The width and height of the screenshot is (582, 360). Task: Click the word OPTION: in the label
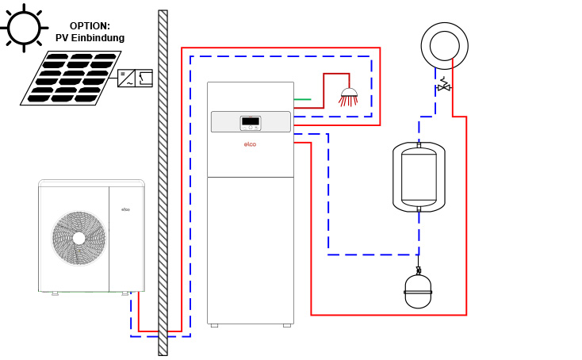tap(90, 26)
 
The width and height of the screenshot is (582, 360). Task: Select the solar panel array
tap(72, 78)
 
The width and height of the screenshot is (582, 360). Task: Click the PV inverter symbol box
tap(135, 79)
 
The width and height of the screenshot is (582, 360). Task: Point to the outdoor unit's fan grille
tap(78, 238)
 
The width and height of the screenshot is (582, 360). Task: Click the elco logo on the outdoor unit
tap(125, 209)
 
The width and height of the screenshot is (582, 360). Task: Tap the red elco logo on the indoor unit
tap(250, 144)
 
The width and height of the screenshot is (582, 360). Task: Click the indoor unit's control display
tap(250, 122)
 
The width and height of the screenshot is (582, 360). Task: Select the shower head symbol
tap(349, 98)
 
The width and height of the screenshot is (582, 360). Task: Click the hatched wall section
tap(163, 182)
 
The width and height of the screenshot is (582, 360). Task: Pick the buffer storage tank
tap(419, 177)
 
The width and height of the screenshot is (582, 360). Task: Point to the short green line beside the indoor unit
tap(302, 100)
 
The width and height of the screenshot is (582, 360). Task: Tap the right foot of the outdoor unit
tap(125, 293)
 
